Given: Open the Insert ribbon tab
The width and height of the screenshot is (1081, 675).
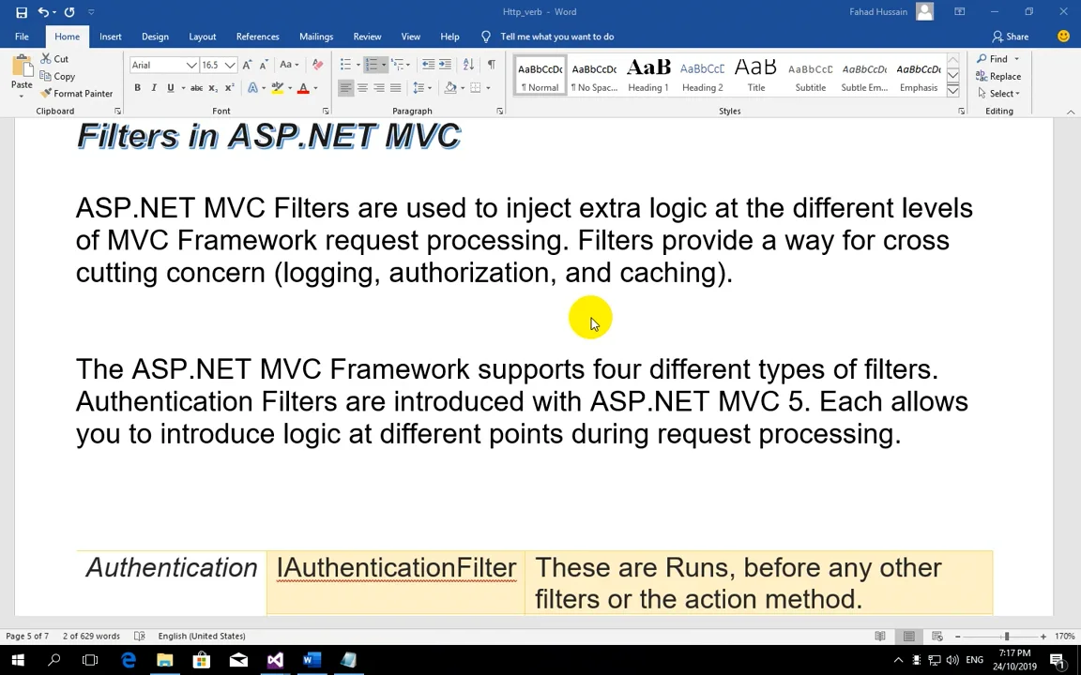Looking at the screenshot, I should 110,37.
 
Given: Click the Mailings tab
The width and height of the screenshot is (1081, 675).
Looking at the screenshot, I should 316,37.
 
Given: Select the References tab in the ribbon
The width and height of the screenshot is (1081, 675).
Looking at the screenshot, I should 257,37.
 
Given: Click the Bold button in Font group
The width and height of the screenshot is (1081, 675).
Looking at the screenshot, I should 137,88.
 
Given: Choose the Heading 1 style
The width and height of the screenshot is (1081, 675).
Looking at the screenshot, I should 648,76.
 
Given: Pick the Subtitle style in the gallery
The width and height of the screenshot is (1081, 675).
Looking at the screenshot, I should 811,76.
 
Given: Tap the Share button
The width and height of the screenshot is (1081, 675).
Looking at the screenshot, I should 1011,37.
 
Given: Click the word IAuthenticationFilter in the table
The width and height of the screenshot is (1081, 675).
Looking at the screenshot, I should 396,568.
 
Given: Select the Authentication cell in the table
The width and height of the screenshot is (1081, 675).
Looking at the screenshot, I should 171,568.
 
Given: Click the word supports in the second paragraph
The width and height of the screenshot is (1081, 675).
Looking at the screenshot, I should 530,369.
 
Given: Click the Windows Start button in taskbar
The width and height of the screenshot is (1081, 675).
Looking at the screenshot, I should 17,661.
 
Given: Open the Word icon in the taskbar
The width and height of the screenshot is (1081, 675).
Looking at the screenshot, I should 311,661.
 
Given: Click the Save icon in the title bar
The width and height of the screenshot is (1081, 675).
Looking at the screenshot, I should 21,12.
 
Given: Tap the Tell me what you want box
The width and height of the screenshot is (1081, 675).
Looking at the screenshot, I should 556,37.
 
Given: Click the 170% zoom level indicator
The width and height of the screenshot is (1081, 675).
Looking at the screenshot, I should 1064,637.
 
